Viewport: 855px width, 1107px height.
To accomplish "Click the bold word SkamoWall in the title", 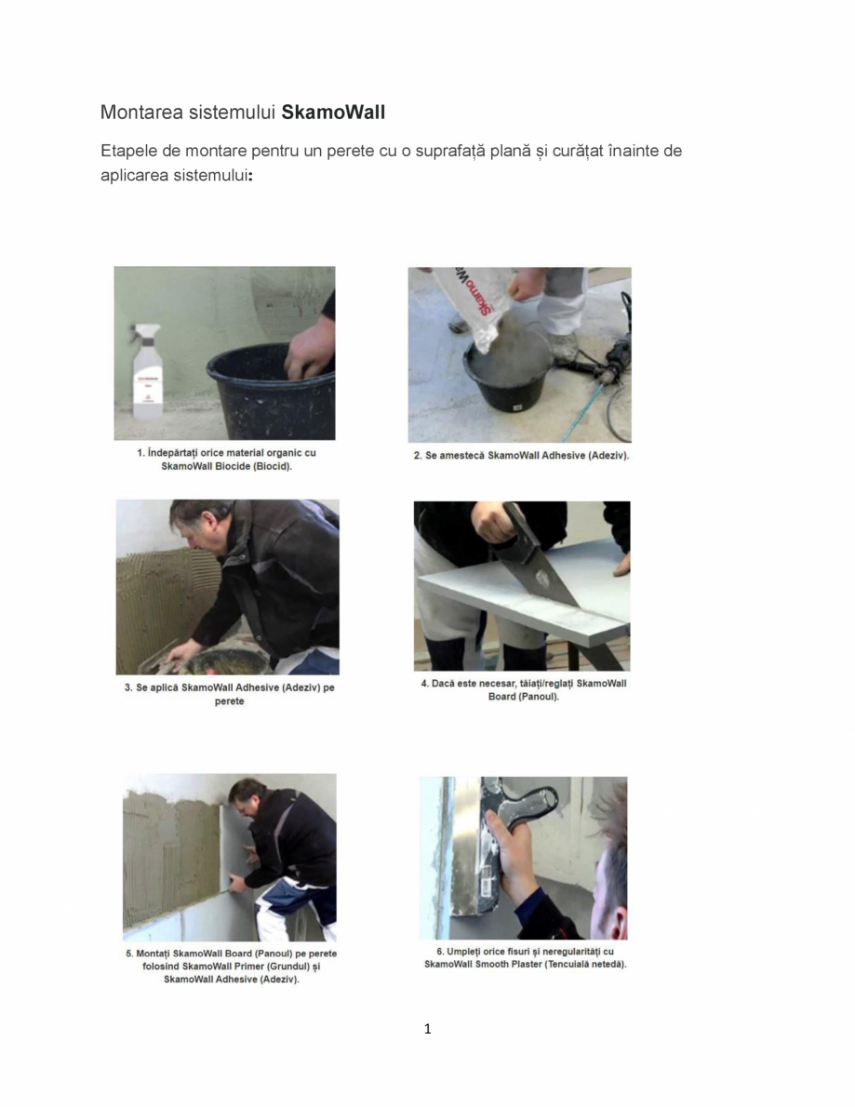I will (x=333, y=113).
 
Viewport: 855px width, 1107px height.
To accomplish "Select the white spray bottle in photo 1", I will (x=147, y=372).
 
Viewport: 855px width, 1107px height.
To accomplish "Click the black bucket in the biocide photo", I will (x=270, y=391).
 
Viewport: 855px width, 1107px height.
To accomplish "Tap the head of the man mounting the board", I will (x=246, y=796).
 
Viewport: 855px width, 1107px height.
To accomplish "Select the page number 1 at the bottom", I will (x=427, y=1029).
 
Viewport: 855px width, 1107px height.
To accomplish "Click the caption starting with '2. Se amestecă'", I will (x=521, y=456).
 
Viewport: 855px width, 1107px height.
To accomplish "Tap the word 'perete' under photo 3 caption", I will (x=229, y=701).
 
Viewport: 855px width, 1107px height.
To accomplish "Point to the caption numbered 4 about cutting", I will (x=523, y=689).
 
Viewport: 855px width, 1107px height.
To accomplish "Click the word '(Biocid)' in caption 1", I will (x=270, y=466).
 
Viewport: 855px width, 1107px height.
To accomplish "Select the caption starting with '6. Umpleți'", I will (x=525, y=958).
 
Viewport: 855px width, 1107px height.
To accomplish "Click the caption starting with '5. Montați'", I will (x=231, y=967).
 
